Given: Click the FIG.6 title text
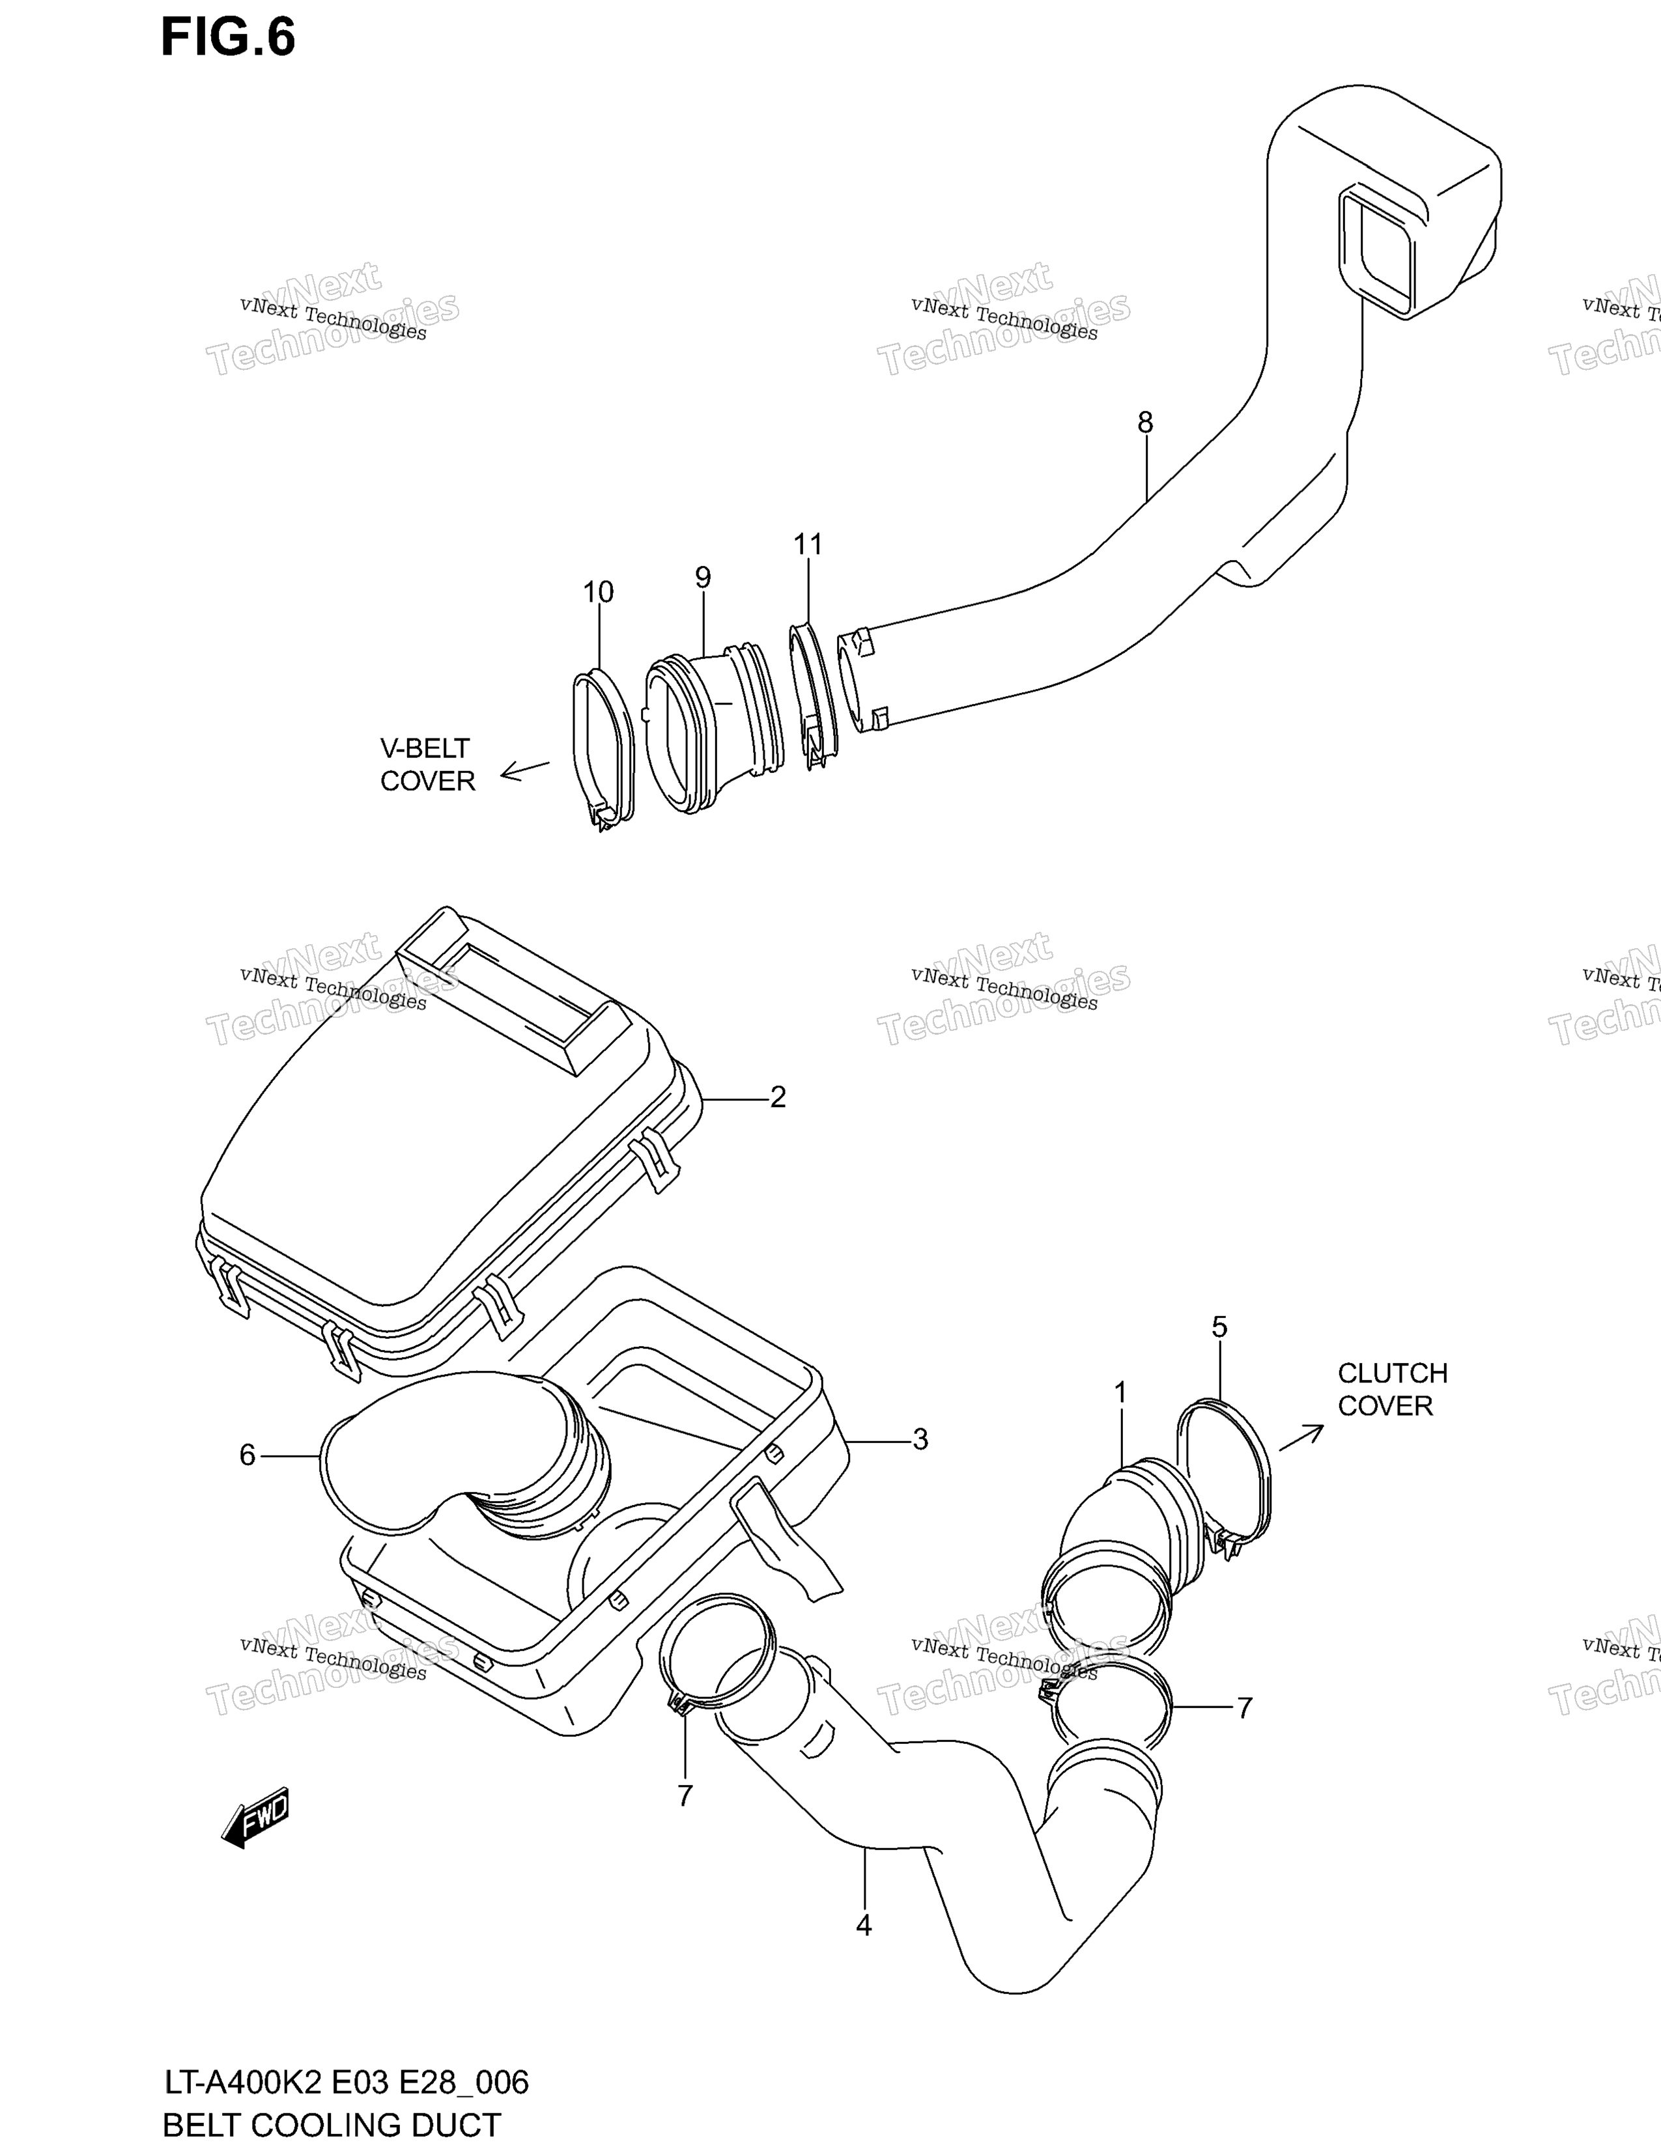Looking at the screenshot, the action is click(228, 38).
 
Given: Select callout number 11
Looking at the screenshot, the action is click(808, 544).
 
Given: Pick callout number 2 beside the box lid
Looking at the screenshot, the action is click(778, 1097).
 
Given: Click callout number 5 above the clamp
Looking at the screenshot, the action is click(1219, 1327).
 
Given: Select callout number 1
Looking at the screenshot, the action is click(1120, 1392).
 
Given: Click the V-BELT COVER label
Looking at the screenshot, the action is click(427, 765).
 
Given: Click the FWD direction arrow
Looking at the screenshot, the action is click(255, 1818).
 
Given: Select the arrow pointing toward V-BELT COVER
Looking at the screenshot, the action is click(524, 770).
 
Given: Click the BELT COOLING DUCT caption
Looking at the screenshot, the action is click(332, 2124).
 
